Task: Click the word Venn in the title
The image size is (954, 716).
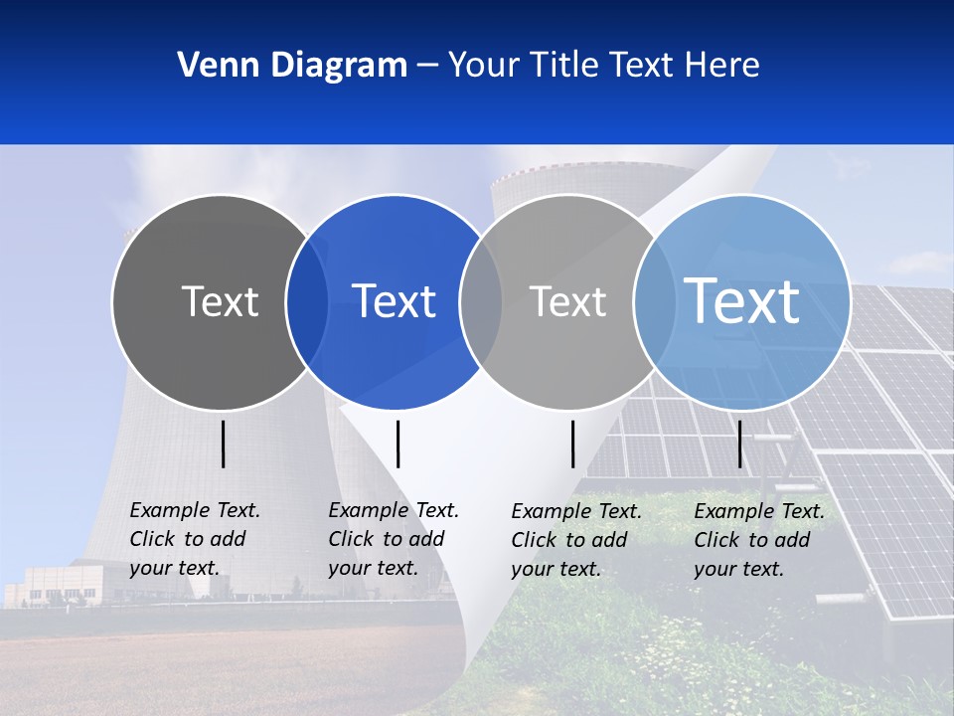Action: (214, 66)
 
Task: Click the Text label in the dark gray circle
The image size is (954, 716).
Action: (220, 301)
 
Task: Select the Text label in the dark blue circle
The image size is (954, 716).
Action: (395, 301)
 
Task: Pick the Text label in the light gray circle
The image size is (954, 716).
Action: (567, 301)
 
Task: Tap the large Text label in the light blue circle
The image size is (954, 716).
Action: (742, 301)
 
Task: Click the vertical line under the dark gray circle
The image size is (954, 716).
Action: (224, 444)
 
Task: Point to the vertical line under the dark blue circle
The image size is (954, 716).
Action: (397, 444)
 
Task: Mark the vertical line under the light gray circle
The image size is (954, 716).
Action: (573, 444)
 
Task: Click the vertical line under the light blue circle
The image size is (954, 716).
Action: (739, 444)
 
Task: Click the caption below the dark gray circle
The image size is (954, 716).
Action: (195, 539)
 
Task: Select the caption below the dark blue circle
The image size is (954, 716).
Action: (394, 539)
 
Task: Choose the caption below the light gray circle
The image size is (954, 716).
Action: (576, 540)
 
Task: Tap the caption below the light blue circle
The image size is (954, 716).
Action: (759, 540)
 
